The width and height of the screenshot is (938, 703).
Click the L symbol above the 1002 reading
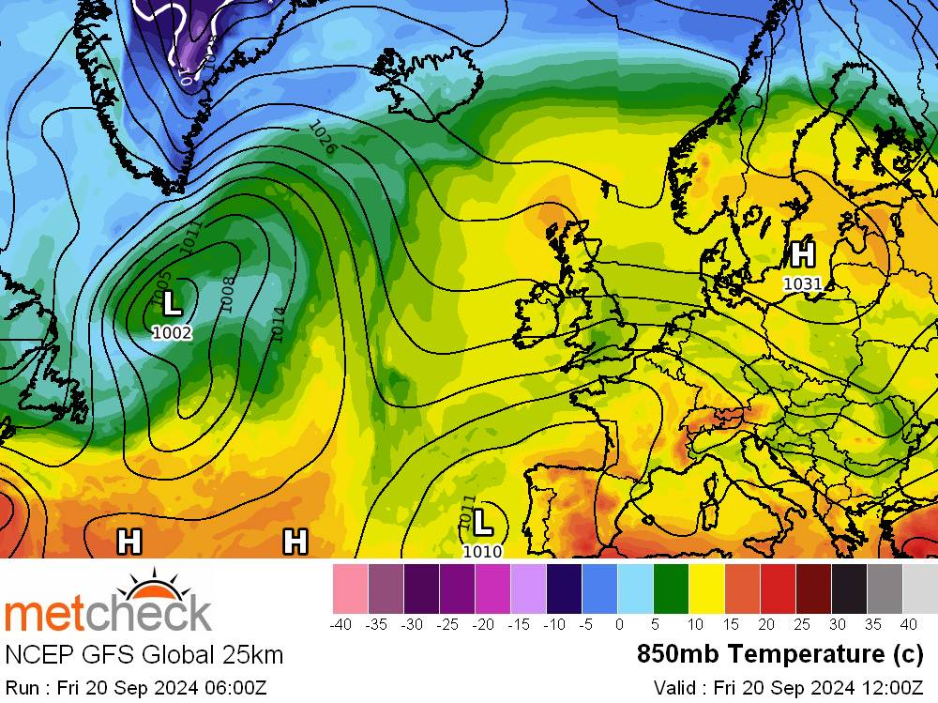[x=172, y=304]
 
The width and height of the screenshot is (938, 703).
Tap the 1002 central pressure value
[x=172, y=332]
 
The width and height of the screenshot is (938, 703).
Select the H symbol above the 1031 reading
[x=802, y=254]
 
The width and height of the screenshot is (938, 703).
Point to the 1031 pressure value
[x=802, y=283]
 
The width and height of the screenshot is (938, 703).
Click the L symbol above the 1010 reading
[x=482, y=521]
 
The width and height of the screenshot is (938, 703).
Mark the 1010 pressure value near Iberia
[x=482, y=551]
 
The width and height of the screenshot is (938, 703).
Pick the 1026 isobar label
[x=322, y=138]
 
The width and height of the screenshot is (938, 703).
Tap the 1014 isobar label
[x=277, y=323]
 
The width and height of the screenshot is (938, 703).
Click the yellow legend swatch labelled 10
[x=707, y=589]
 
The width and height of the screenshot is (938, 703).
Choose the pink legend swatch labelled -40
[x=350, y=589]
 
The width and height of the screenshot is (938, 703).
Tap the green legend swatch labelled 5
[x=672, y=589]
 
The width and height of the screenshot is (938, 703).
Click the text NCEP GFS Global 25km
[x=144, y=654]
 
